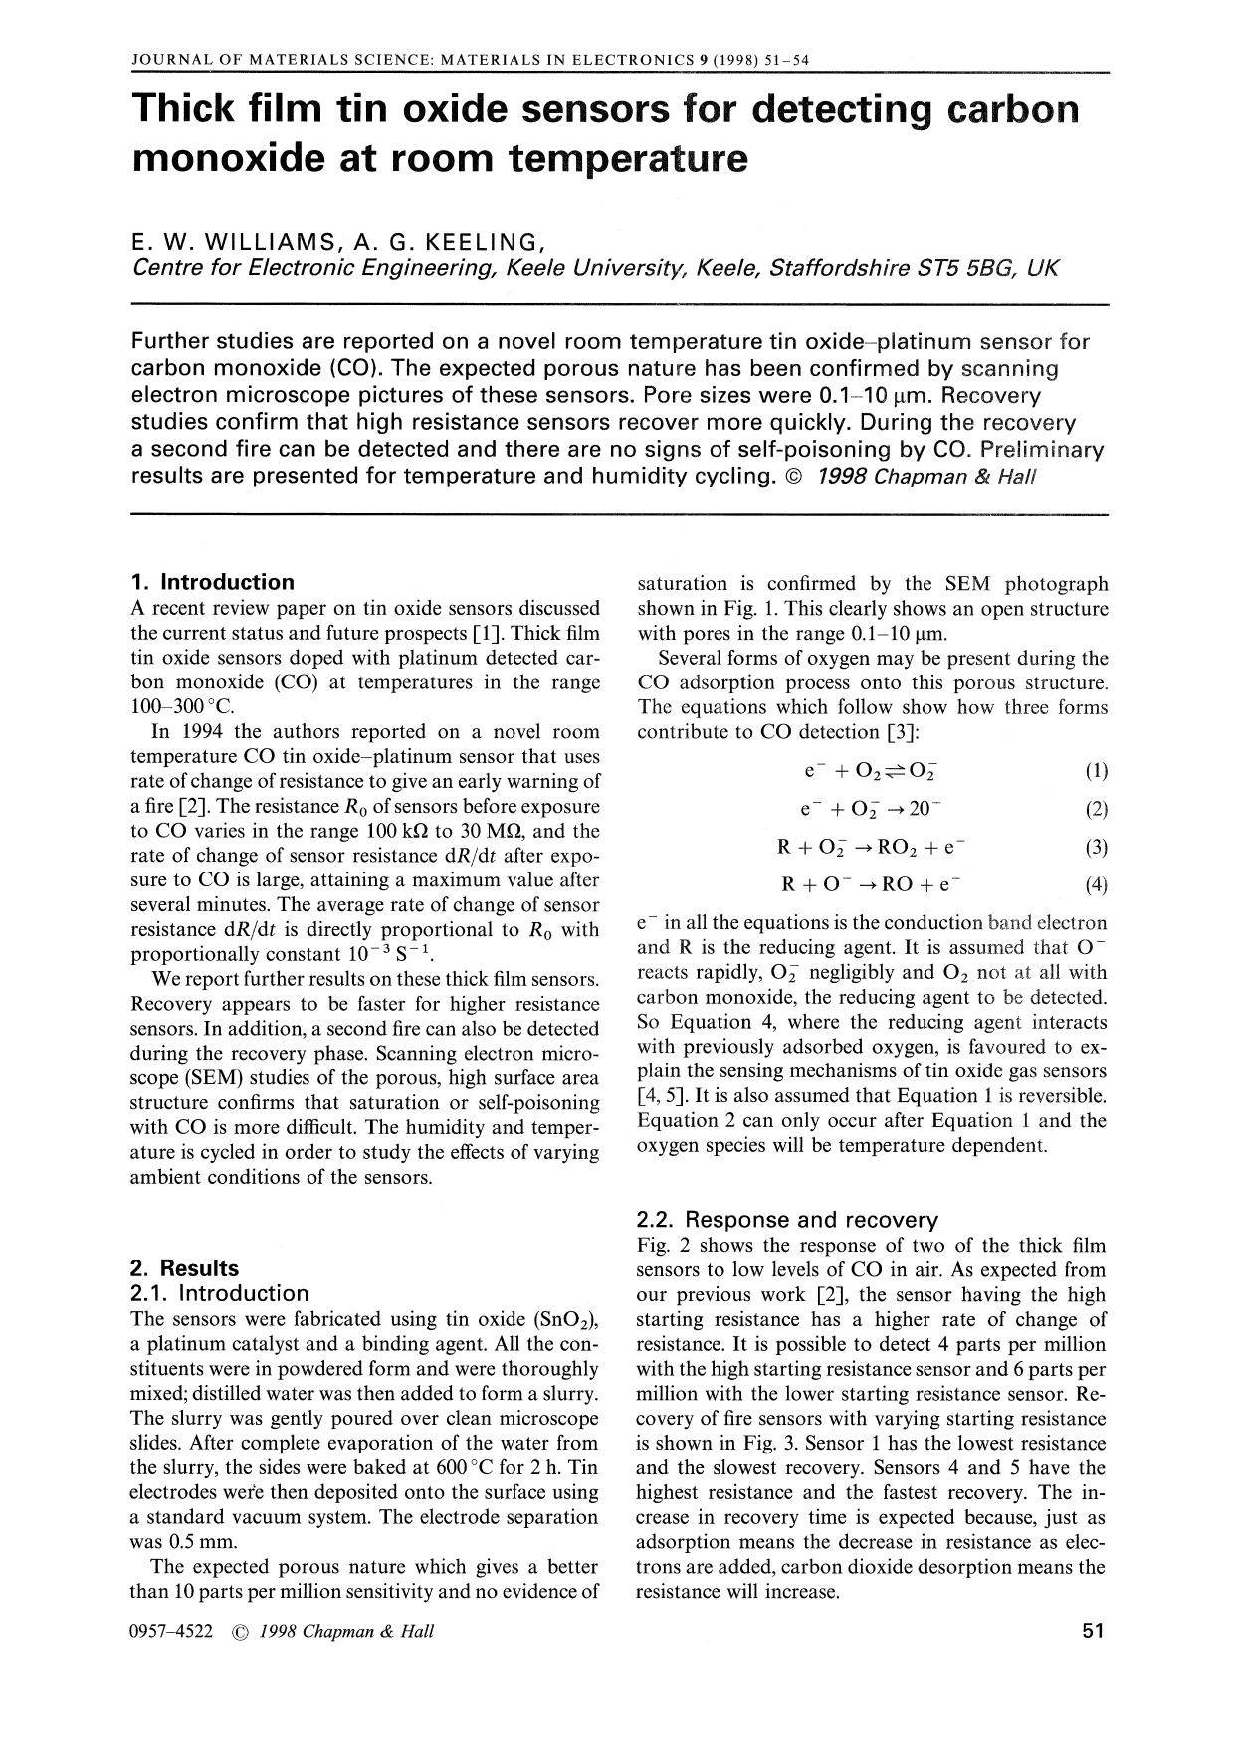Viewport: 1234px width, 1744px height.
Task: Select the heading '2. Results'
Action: coord(185,1268)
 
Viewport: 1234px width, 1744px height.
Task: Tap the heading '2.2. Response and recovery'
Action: coord(787,1220)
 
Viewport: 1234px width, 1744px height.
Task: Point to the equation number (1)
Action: coord(1096,771)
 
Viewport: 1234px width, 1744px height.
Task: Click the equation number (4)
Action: coord(1096,884)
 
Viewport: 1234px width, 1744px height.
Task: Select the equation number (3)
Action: coord(1096,847)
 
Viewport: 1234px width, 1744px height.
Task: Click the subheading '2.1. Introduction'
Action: coord(219,1293)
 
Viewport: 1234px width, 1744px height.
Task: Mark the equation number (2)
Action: coord(1096,809)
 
